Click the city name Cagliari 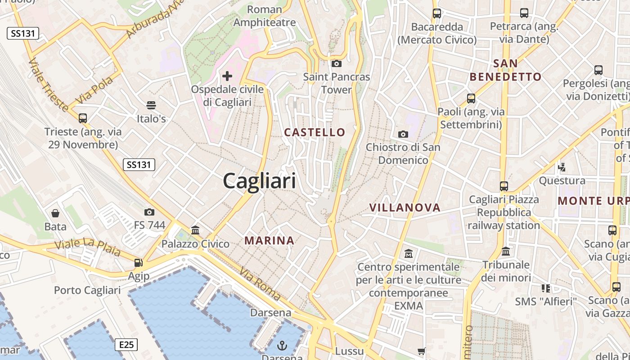pyautogui.click(x=260, y=181)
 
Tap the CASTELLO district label pyautogui.click(x=315, y=132)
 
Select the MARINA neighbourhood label pyautogui.click(x=269, y=241)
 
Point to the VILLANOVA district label pyautogui.click(x=405, y=207)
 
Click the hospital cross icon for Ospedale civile pyautogui.click(x=227, y=76)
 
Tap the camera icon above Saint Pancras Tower pyautogui.click(x=336, y=64)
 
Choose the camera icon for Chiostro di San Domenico pyautogui.click(x=403, y=134)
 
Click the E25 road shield pyautogui.click(x=126, y=345)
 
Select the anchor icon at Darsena pyautogui.click(x=282, y=346)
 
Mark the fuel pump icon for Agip pyautogui.click(x=139, y=263)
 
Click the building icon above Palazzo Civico pyautogui.click(x=195, y=230)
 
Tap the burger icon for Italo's pyautogui.click(x=151, y=105)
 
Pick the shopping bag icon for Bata pyautogui.click(x=55, y=213)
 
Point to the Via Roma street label pyautogui.click(x=261, y=284)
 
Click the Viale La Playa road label pyautogui.click(x=87, y=248)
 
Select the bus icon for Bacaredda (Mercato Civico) pyautogui.click(x=437, y=13)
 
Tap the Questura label pyautogui.click(x=562, y=181)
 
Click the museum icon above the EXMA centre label pyautogui.click(x=409, y=254)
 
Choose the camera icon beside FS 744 pyautogui.click(x=149, y=212)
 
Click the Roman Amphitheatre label pyautogui.click(x=265, y=16)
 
